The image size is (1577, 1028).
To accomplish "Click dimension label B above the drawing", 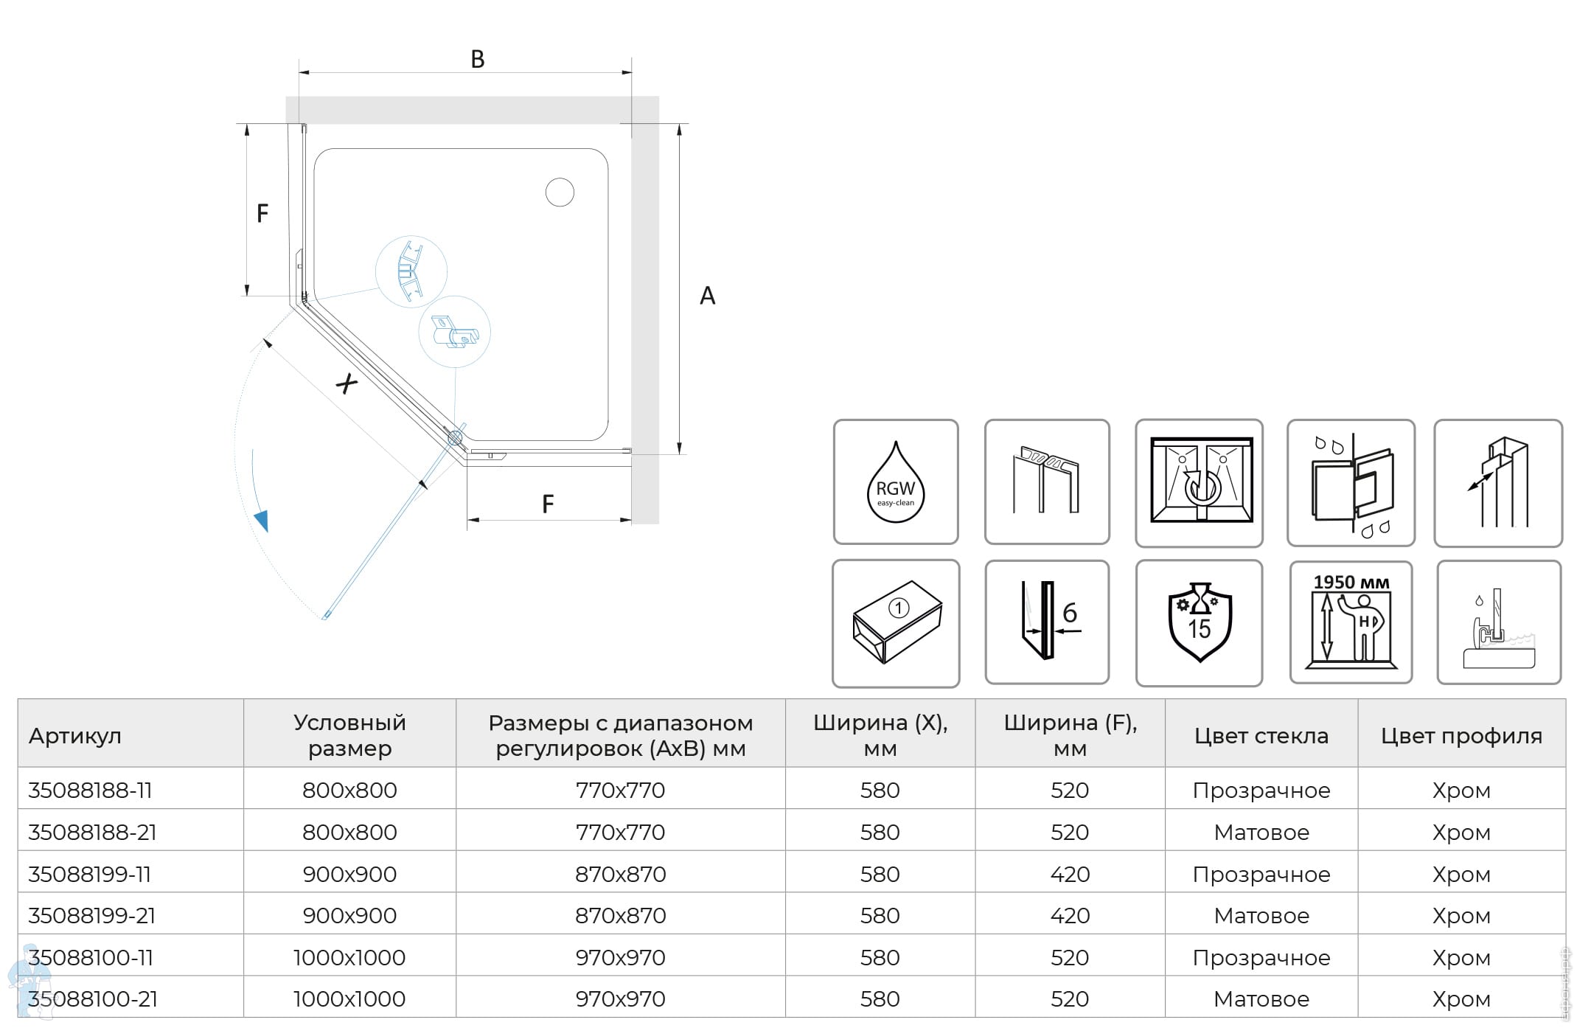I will [x=478, y=59].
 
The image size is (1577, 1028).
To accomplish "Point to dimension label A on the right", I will [x=707, y=296].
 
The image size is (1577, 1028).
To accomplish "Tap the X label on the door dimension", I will [x=347, y=383].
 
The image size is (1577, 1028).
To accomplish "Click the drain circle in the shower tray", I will [x=560, y=192].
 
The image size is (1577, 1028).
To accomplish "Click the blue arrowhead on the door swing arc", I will [x=261, y=521].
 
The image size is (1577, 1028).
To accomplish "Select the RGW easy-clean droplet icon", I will [x=895, y=482].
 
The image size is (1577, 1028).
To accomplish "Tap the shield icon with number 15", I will [x=1199, y=623].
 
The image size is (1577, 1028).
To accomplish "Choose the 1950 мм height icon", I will [x=1351, y=622].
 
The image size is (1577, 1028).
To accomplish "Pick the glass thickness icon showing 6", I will [x=1047, y=622].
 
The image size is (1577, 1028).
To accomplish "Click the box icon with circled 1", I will [x=896, y=623].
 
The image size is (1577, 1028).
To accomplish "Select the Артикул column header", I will [x=75, y=735].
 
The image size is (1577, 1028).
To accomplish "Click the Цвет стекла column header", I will [x=1261, y=735].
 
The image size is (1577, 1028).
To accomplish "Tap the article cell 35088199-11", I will [x=89, y=874].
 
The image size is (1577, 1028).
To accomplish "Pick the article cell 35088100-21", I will [x=93, y=999].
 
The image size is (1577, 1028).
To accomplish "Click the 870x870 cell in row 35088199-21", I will [x=620, y=915].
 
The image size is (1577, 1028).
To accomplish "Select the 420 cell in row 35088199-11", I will [x=1069, y=874].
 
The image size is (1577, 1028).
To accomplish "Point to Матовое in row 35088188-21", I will [x=1261, y=832].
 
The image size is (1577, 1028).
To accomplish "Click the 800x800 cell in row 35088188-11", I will [x=349, y=790].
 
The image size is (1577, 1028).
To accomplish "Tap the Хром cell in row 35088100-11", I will [x=1461, y=957].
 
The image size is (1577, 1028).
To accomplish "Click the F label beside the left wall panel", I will [x=262, y=213].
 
